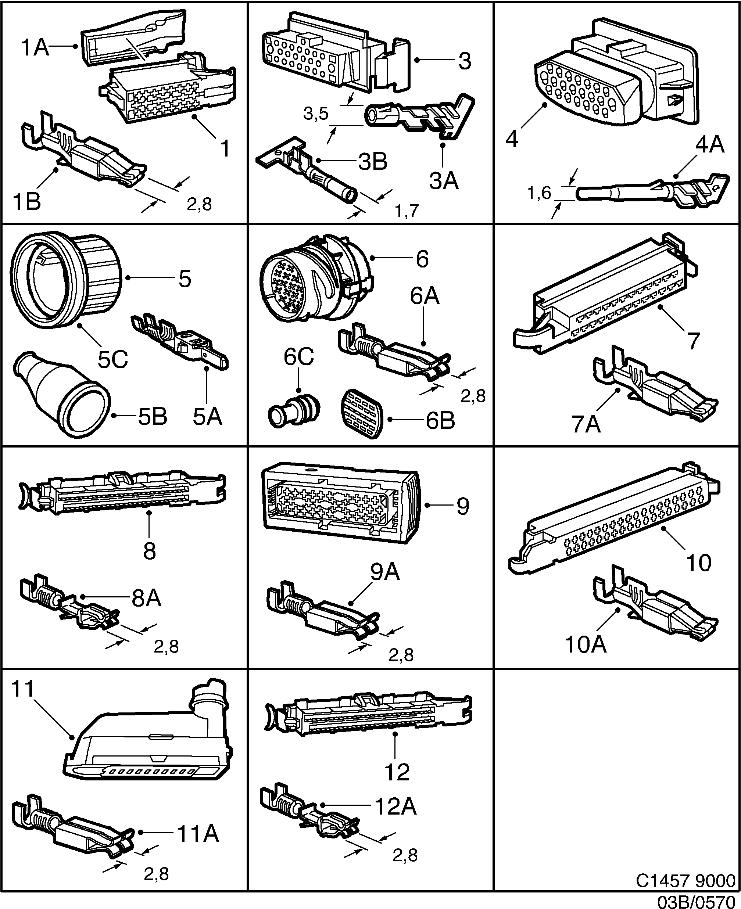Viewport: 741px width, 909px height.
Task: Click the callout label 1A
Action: (35, 47)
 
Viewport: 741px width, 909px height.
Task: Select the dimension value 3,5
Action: (316, 114)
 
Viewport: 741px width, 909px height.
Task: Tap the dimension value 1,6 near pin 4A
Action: (540, 193)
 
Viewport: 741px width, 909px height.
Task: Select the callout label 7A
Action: (586, 424)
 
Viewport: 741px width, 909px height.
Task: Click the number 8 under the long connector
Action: (149, 551)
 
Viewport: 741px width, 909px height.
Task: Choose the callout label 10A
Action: (586, 644)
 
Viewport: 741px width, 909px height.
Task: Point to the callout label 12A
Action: (395, 806)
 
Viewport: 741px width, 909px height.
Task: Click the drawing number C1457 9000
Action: (685, 880)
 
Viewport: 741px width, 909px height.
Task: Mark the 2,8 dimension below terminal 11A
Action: (156, 874)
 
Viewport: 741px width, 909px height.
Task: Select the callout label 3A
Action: (444, 181)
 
